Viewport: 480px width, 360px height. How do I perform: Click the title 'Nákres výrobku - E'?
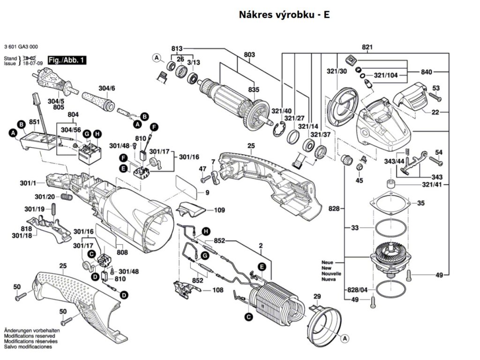(x=285, y=15)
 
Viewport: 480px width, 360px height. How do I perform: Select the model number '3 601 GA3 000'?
(x=21, y=47)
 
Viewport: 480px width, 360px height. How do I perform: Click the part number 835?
(x=254, y=90)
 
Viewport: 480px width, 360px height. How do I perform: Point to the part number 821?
(x=367, y=47)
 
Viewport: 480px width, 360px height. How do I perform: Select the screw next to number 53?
(x=435, y=98)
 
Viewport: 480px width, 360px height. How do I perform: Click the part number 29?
(x=317, y=296)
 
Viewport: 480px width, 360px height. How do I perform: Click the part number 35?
(x=421, y=203)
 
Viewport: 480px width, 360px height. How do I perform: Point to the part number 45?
(x=359, y=180)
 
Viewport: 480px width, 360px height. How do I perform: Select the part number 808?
(x=122, y=253)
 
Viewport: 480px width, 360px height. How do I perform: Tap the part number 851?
(x=34, y=121)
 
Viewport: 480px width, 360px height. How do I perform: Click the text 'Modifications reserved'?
(x=30, y=336)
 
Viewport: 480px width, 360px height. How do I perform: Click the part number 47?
(x=202, y=168)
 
